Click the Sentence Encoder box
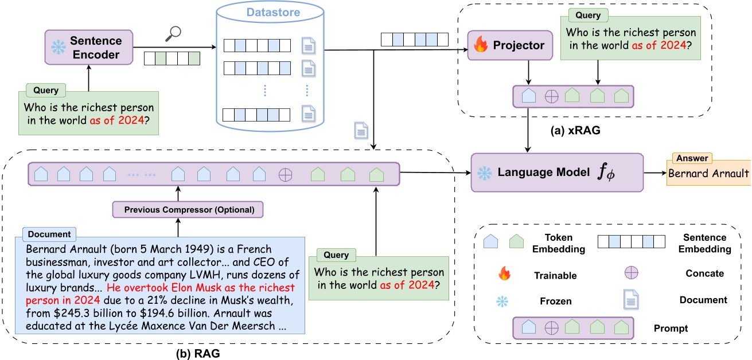pyautogui.click(x=89, y=47)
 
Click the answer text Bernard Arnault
pyautogui.click(x=708, y=173)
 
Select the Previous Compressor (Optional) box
pyautogui.click(x=188, y=210)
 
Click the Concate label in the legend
pyautogui.click(x=704, y=273)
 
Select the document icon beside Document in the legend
pyautogui.click(x=632, y=299)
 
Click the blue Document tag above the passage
pyautogui.click(x=49, y=234)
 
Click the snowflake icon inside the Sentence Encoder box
pyautogui.click(x=58, y=48)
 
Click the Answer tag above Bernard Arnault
pyautogui.click(x=691, y=158)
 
